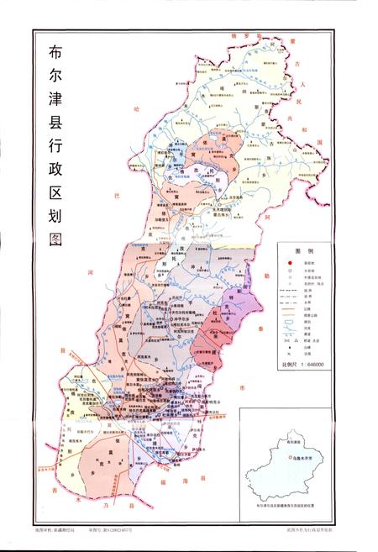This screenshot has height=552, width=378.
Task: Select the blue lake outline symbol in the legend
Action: pos(288,343)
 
